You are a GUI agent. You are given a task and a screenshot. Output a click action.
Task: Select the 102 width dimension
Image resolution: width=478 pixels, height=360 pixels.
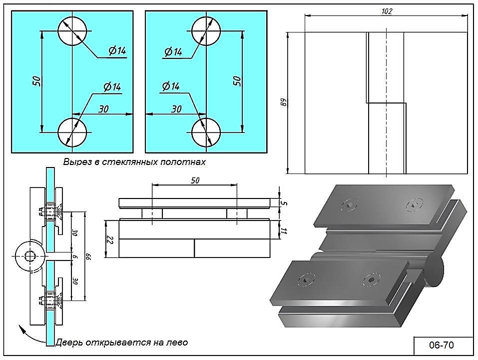coord(386,11)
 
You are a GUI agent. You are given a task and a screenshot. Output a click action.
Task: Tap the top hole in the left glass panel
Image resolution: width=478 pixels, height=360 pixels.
coord(72,31)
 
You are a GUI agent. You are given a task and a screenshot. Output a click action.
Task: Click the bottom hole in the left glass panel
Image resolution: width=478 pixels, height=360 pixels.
coord(72,132)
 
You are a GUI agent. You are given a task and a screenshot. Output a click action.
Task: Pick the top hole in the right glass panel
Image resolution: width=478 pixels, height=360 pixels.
coord(206,31)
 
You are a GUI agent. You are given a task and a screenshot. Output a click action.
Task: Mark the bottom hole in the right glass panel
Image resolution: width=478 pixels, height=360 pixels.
coord(206,132)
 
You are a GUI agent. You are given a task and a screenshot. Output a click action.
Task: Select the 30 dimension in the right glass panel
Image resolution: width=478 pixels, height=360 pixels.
coord(176,109)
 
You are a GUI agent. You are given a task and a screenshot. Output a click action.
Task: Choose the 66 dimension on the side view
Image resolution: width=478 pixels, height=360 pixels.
coord(90,256)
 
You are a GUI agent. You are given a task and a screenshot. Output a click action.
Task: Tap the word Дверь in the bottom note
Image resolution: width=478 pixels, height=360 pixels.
coord(68,343)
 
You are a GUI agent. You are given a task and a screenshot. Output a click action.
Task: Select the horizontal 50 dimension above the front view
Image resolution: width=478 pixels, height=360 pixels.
coord(195,180)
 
